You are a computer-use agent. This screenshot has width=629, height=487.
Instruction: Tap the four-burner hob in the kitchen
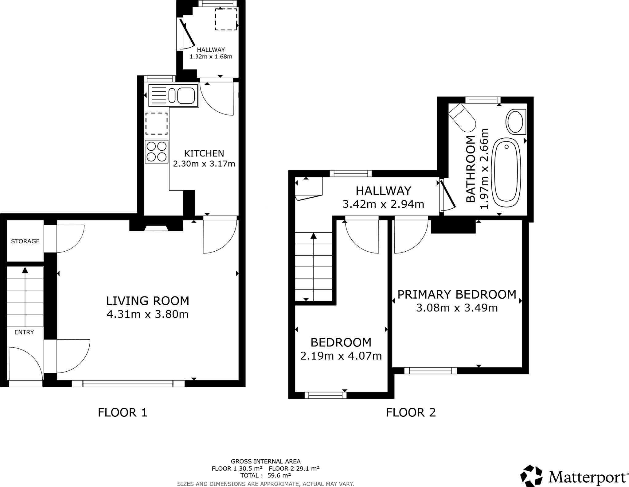pos(157,152)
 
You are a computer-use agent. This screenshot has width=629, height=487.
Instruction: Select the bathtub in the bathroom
pos(506,174)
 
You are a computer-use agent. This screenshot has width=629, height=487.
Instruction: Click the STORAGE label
pos(25,241)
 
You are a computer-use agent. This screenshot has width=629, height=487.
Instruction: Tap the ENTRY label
pos(24,332)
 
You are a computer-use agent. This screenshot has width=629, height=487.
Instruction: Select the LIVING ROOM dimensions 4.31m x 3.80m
pos(147,314)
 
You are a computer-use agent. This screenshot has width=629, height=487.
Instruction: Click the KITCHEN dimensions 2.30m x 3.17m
pos(204,164)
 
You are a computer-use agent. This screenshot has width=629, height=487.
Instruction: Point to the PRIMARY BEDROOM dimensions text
pos(457,307)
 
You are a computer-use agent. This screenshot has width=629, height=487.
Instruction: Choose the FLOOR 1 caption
pos(123,412)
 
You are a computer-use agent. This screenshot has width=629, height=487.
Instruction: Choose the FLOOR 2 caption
pos(411,412)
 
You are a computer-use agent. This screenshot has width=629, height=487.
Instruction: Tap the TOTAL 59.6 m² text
pos(265,475)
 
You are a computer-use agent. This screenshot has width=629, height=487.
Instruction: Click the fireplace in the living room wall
pos(156,228)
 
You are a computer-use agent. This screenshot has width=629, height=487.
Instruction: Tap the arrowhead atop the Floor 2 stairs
pos(313,236)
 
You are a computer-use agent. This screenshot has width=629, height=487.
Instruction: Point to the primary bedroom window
pos(431,371)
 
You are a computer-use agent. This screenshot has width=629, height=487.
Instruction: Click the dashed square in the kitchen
pos(157,123)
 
